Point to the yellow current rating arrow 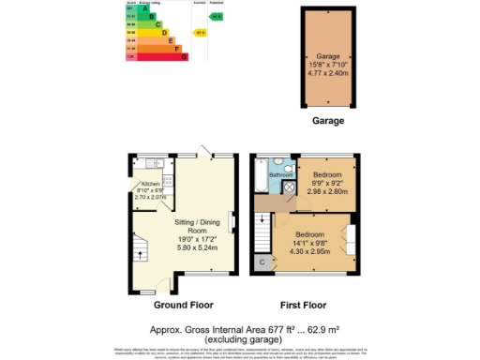(200, 33)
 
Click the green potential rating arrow (217, 17)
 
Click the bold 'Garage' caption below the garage (328, 121)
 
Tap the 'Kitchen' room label (150, 184)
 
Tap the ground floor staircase (142, 248)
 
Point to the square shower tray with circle (290, 187)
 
